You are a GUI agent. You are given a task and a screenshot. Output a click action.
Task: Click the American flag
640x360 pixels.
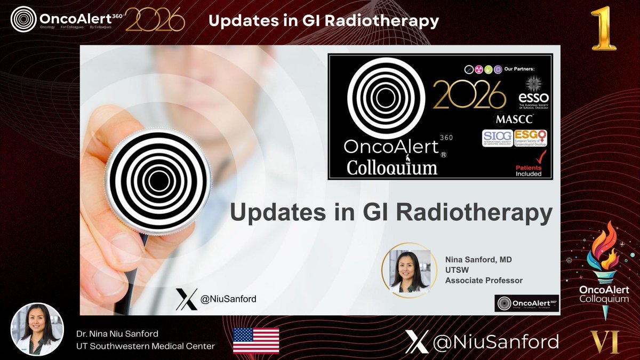point(256,341)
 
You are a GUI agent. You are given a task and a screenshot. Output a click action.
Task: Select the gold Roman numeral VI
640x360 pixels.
point(605,342)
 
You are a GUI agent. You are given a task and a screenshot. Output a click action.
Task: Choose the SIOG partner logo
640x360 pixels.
point(497,138)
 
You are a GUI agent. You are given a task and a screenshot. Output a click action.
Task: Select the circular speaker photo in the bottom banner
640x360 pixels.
point(37,330)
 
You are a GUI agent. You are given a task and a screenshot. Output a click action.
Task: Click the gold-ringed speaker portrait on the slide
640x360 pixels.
point(406,268)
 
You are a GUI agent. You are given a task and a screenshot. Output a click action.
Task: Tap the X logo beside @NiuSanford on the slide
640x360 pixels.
point(187,299)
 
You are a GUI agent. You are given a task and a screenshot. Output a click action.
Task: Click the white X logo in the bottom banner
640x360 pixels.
point(417,341)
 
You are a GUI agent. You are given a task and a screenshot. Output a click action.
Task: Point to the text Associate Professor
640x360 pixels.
point(484,280)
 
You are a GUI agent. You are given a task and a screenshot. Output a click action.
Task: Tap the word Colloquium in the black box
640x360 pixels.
point(392,167)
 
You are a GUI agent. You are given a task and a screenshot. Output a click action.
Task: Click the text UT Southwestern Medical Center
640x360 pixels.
point(146,347)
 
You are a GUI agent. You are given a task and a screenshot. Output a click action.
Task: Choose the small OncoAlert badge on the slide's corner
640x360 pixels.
point(526,303)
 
